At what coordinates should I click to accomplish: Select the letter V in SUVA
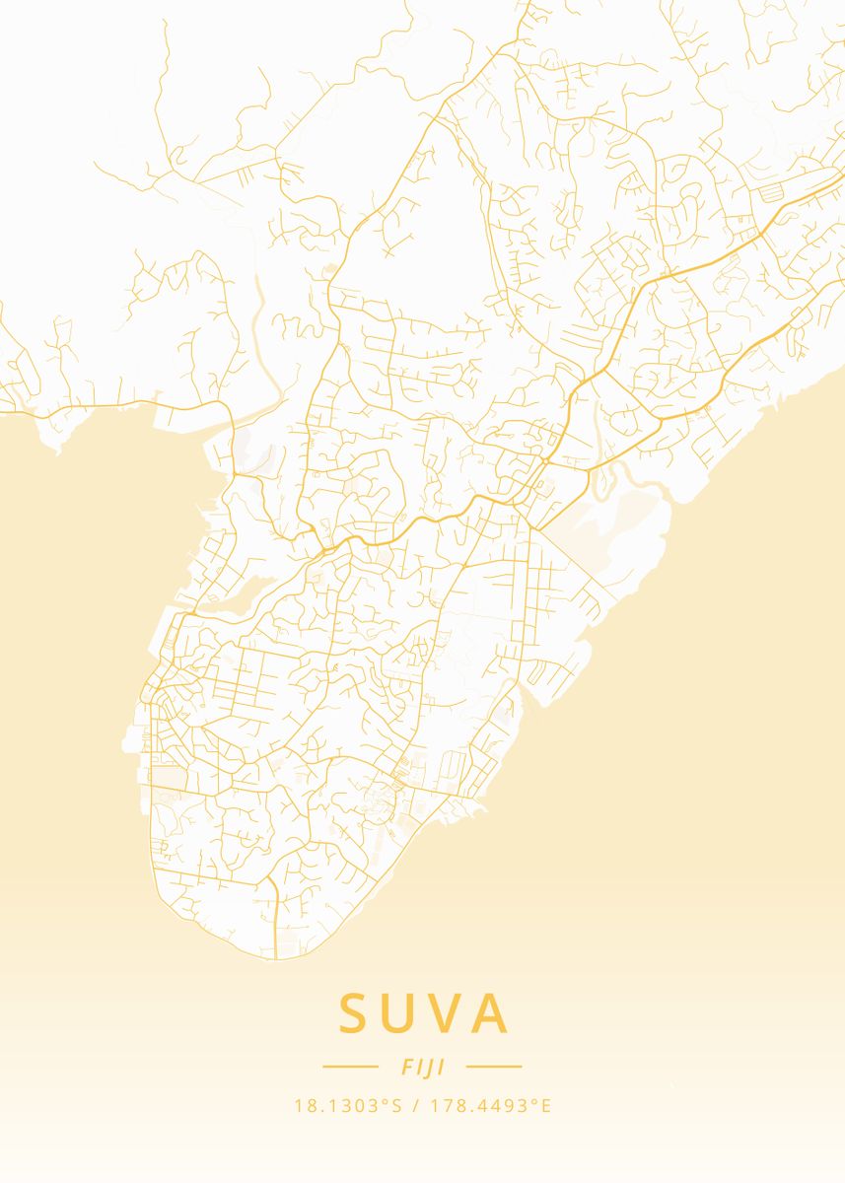click(446, 1013)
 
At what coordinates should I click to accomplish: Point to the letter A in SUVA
click(489, 1013)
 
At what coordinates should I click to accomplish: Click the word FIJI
click(423, 1067)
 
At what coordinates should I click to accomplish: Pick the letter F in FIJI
click(405, 1067)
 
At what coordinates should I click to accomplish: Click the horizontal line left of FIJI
click(350, 1066)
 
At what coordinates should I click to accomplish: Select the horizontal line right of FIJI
click(494, 1066)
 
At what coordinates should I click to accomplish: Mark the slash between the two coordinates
click(415, 1106)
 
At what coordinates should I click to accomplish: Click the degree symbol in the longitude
click(535, 1101)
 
